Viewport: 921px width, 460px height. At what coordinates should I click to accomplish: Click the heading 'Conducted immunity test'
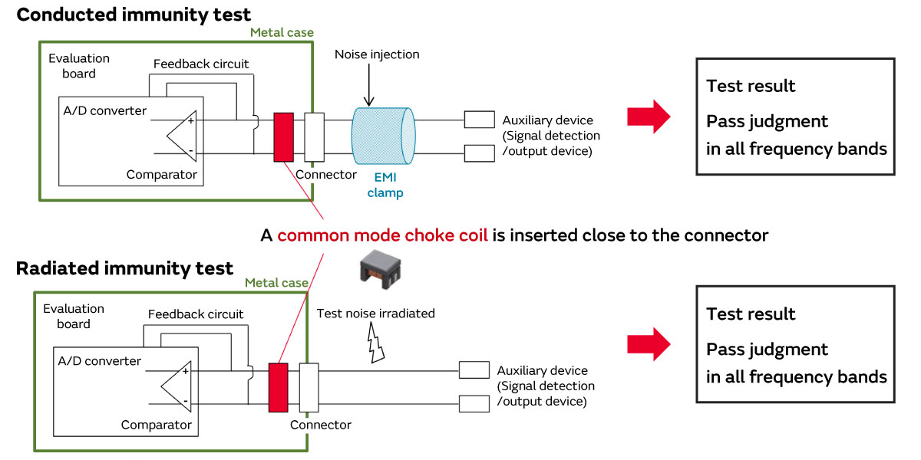click(x=134, y=15)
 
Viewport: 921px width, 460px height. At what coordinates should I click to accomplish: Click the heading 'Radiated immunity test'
click(x=124, y=268)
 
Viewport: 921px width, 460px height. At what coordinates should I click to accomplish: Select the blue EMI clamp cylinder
click(x=383, y=136)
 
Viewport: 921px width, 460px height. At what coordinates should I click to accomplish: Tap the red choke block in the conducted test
click(x=283, y=136)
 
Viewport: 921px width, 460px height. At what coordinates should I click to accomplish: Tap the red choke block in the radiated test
click(x=278, y=386)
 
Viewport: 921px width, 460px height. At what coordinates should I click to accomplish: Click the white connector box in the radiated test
click(x=308, y=386)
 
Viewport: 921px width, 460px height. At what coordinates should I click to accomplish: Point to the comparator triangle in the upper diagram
click(x=180, y=136)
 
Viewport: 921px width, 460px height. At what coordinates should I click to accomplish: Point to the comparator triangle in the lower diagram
click(x=174, y=386)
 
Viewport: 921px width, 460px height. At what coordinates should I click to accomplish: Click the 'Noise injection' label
click(x=377, y=55)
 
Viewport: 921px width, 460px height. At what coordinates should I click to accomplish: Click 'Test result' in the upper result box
click(x=751, y=86)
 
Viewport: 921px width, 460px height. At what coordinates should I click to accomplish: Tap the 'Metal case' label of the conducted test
click(x=282, y=32)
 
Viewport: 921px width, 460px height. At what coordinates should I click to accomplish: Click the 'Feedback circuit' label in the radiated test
click(x=196, y=314)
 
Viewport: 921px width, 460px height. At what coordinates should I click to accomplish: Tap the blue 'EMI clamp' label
click(x=385, y=184)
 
